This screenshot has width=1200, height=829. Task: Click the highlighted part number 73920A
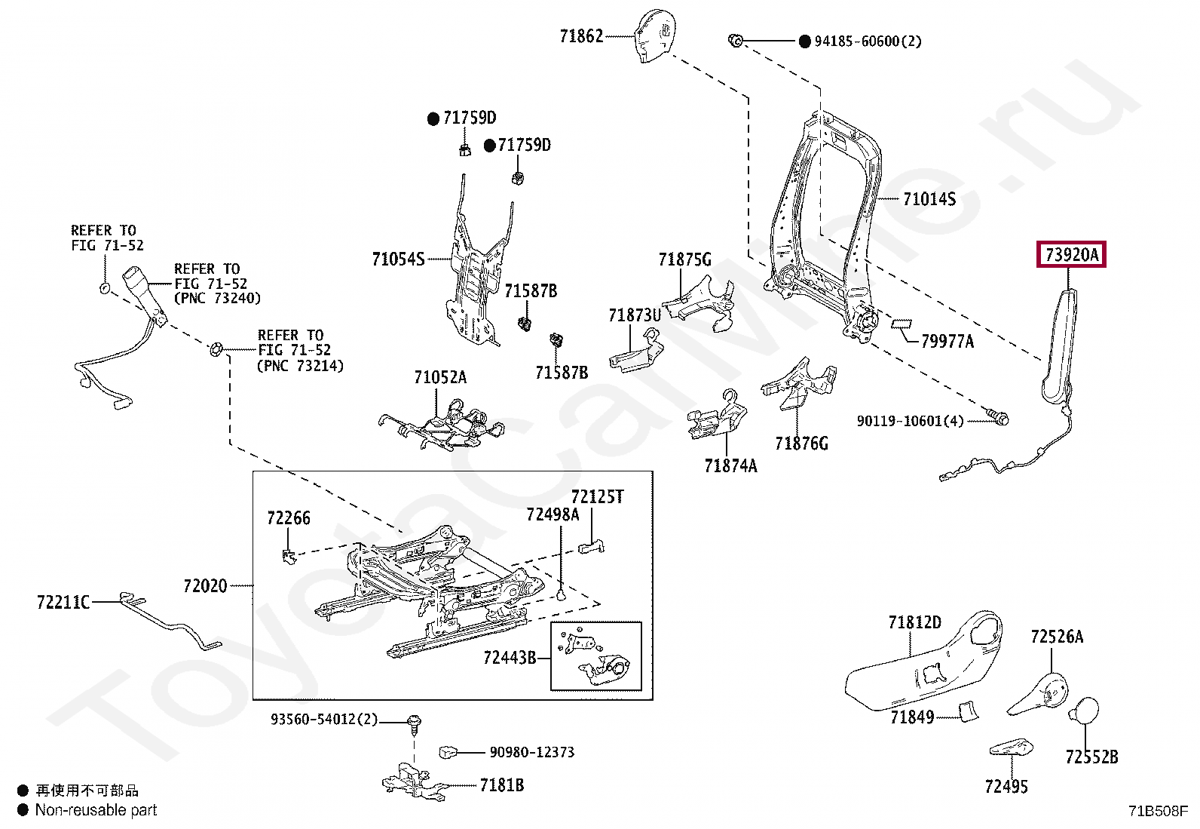tap(1071, 254)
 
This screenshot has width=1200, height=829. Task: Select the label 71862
tap(581, 36)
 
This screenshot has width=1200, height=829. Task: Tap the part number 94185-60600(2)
tap(868, 41)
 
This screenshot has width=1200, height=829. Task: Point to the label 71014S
tap(929, 199)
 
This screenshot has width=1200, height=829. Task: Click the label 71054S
tap(398, 259)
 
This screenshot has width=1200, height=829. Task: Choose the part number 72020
tap(205, 585)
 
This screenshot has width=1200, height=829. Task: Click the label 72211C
tap(63, 602)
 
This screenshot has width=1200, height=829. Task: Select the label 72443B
tap(510, 657)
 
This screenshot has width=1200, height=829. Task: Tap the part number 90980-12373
tap(532, 752)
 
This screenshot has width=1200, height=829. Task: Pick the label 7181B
tap(502, 784)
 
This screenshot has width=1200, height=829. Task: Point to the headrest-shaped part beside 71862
tap(654, 35)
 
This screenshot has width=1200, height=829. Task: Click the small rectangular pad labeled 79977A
tap(901, 324)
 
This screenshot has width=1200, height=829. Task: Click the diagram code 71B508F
tap(1158, 810)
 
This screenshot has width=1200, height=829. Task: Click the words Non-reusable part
tap(96, 809)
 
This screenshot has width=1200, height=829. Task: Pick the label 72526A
tap(1057, 637)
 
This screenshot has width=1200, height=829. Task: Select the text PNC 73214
tap(300, 366)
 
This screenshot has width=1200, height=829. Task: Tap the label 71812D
tap(914, 622)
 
